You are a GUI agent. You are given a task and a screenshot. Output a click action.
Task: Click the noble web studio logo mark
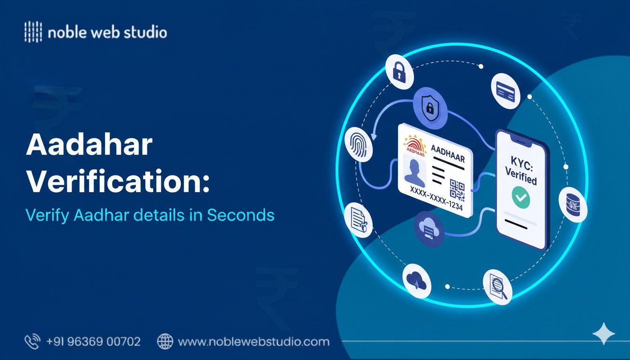pos(33,33)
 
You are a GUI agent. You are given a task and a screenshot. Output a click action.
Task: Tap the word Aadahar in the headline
pos(89,146)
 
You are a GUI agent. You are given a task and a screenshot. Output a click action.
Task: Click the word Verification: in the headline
pos(118,181)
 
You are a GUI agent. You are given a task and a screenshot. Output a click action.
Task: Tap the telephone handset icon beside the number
pos(32,342)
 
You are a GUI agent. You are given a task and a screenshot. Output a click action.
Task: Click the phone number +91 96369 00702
pos(93,342)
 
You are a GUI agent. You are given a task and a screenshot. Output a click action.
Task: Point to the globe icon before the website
pos(165,342)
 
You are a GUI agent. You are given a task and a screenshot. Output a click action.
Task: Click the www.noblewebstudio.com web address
pos(254,342)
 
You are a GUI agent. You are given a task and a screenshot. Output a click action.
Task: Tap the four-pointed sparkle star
pos(603,334)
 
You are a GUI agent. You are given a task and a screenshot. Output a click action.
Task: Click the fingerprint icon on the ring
pos(359,145)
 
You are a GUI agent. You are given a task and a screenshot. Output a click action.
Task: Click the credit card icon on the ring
pos(506,90)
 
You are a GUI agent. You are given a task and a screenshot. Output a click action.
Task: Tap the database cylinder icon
pos(572,205)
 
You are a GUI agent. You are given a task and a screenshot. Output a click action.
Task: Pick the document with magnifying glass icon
pos(497,286)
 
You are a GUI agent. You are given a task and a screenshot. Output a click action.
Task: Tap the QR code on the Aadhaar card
pos(457,189)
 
